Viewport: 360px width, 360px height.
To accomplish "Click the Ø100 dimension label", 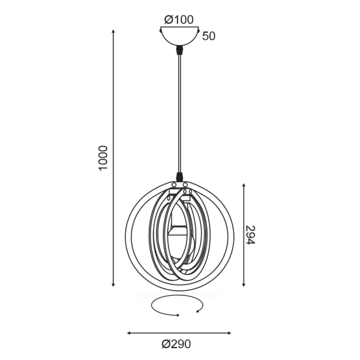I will pyautogui.click(x=178, y=19).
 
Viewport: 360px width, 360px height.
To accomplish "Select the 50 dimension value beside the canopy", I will pyautogui.click(x=209, y=36).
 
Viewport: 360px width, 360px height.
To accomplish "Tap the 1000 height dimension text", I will pyautogui.click(x=103, y=158).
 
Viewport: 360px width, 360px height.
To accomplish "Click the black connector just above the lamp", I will pyautogui.click(x=179, y=175).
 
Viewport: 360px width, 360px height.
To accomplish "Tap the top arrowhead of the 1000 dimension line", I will pyautogui.click(x=113, y=30).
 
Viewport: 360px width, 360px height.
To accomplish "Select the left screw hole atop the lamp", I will pyautogui.click(x=174, y=185).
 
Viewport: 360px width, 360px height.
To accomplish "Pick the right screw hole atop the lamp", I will pyautogui.click(x=185, y=185).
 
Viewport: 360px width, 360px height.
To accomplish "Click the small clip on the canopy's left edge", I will pyautogui.click(x=160, y=29).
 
